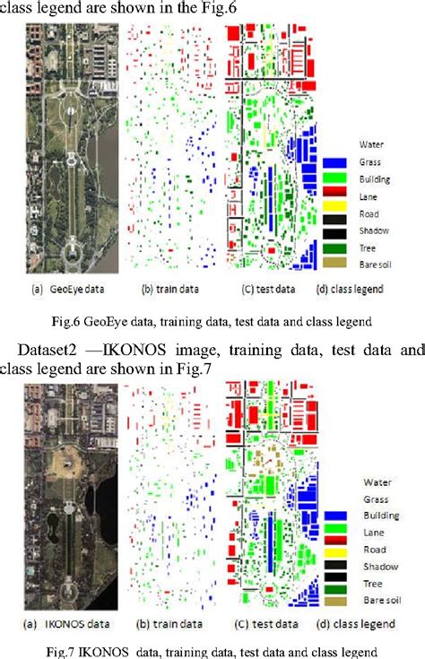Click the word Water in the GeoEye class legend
pyautogui.click(x=370, y=143)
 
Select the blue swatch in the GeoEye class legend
pyautogui.click(x=335, y=161)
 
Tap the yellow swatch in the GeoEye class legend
pyautogui.click(x=335, y=213)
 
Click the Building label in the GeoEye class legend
pyautogui.click(x=375, y=179)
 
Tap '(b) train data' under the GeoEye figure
pyautogui.click(x=161, y=290)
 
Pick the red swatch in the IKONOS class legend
pyautogui.click(x=335, y=550)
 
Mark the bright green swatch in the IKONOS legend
pyautogui.click(x=335, y=533)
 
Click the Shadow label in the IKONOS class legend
pyautogui.click(x=375, y=566)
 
